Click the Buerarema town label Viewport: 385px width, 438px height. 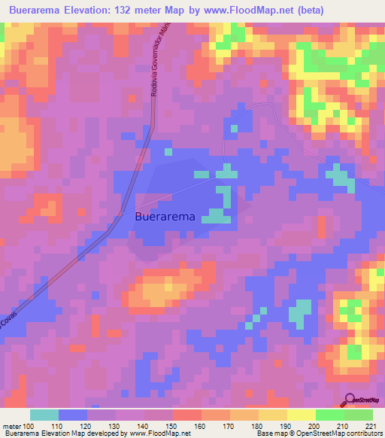point(165,216)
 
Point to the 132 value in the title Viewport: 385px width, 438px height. point(141,11)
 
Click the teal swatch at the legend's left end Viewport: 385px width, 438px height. point(44,415)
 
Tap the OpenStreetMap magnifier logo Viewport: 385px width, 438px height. point(350,401)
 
